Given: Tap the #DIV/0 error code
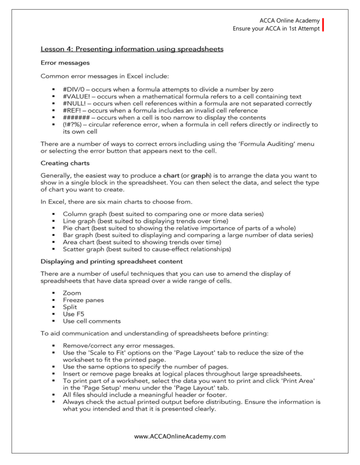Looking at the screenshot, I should click(74, 89).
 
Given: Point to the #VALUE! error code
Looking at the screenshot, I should click(77, 96).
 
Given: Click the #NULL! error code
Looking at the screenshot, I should click(75, 104).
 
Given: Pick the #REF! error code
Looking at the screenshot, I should click(73, 110).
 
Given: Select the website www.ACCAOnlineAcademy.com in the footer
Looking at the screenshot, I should click(180, 436).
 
